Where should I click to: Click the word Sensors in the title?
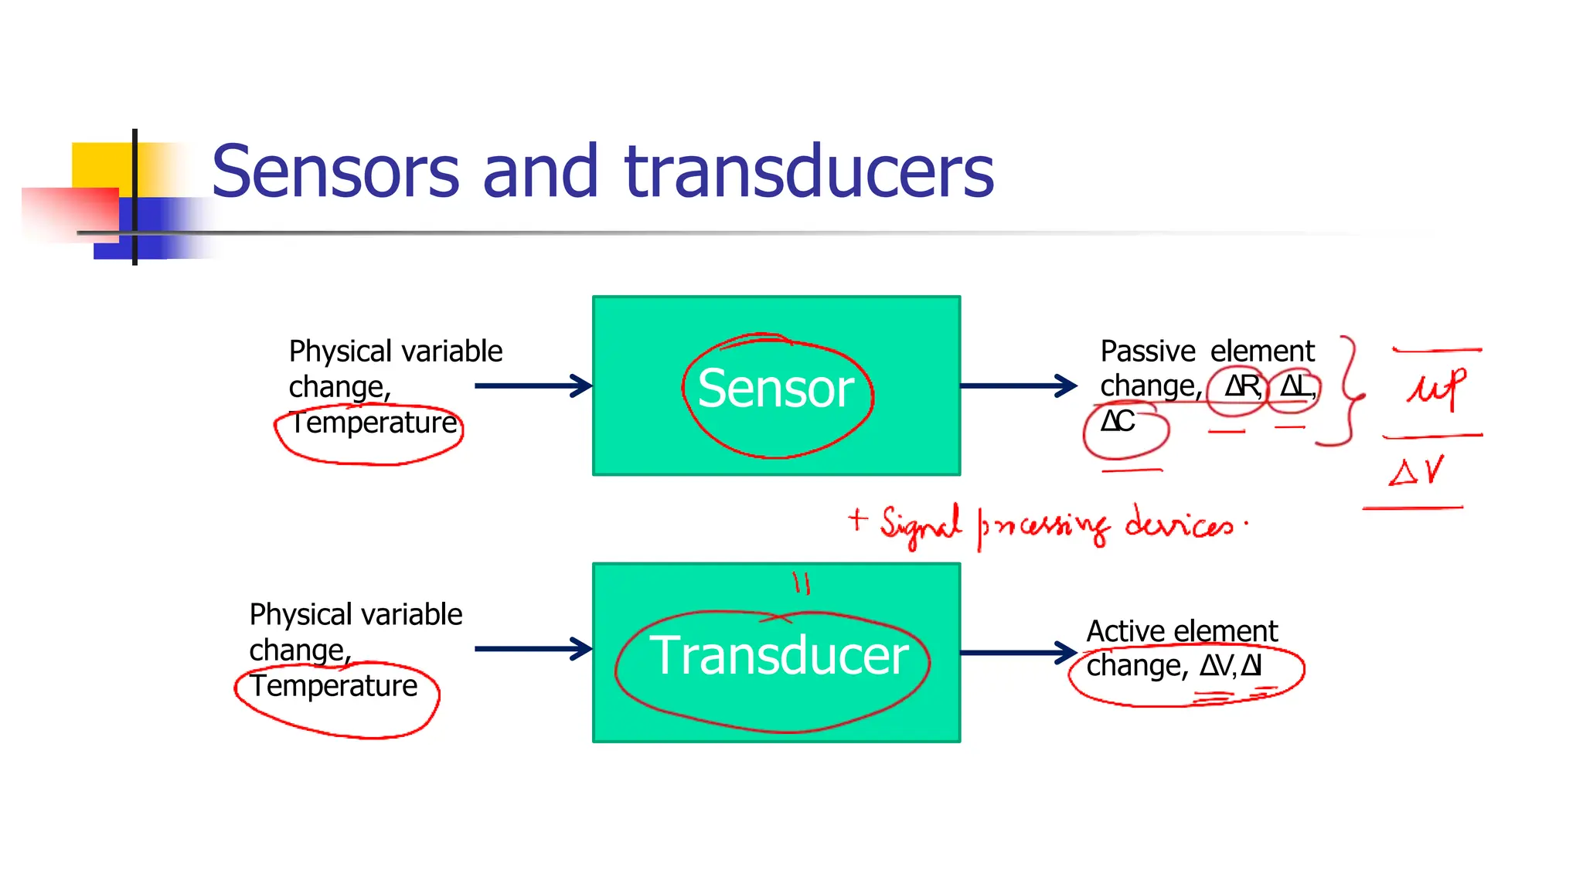pyautogui.click(x=335, y=172)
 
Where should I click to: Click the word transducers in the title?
pyautogui.click(x=809, y=172)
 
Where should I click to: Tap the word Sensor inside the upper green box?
pyautogui.click(x=775, y=388)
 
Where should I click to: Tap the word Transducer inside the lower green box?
pyautogui.click(x=778, y=655)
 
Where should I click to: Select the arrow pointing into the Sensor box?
pyautogui.click(x=533, y=386)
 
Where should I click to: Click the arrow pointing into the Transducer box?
pyautogui.click(x=533, y=649)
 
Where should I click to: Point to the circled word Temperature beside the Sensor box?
pyautogui.click(x=374, y=423)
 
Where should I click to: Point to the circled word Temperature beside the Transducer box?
pyautogui.click(x=334, y=686)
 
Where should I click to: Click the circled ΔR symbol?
pyautogui.click(x=1241, y=386)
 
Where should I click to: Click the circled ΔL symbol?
pyautogui.click(x=1296, y=386)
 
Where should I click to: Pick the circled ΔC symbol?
pyautogui.click(x=1118, y=422)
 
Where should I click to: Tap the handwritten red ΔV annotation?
pyautogui.click(x=1416, y=470)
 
